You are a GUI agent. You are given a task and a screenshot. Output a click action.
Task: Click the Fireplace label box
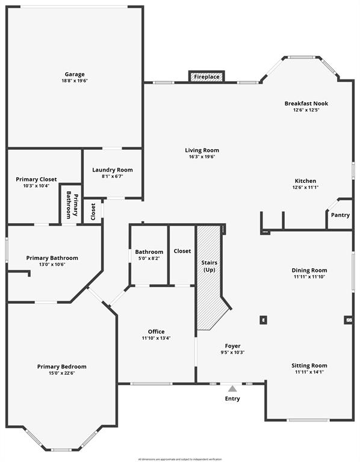coord(206,77)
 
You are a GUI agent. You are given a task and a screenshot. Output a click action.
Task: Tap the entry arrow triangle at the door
coord(232,389)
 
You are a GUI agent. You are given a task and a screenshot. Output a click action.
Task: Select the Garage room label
coord(75,74)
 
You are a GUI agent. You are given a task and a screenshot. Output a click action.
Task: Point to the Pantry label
coord(340,215)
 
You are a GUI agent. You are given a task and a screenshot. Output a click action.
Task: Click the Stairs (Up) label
coord(209,266)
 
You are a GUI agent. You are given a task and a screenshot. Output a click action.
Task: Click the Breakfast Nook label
coord(306,103)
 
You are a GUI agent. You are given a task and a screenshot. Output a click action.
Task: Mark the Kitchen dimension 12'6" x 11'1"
coord(305,188)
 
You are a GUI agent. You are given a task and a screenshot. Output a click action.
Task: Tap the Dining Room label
coord(309,270)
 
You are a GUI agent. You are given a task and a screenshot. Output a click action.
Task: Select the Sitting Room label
coord(309,365)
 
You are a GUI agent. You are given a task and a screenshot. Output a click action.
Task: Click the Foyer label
coord(233,346)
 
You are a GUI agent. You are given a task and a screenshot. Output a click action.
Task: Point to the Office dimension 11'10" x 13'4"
coord(156,338)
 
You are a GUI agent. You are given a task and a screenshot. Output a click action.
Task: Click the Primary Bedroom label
coord(61,366)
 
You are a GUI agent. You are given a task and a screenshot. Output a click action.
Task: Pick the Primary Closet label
coord(36,179)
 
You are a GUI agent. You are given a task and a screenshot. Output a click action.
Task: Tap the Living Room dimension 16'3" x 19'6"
coord(202,156)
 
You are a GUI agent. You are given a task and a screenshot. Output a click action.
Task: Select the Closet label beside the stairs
coord(182,251)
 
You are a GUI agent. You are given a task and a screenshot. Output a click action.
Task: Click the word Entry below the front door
coord(232,398)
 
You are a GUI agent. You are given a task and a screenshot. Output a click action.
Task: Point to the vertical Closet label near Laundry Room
coord(93,212)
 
